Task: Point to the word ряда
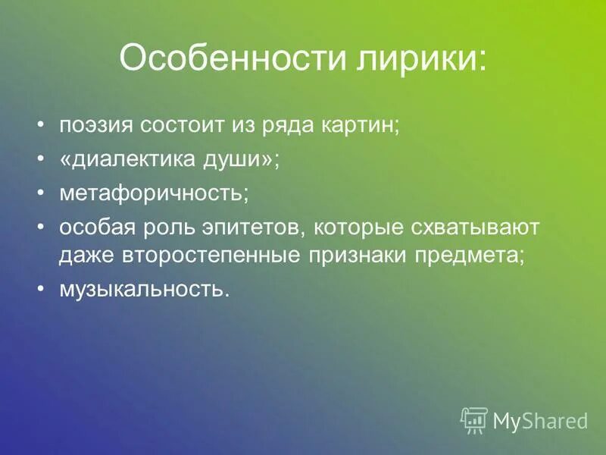(285, 126)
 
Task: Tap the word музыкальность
(143, 289)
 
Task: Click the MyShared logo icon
(474, 419)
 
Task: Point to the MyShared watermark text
(541, 420)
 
